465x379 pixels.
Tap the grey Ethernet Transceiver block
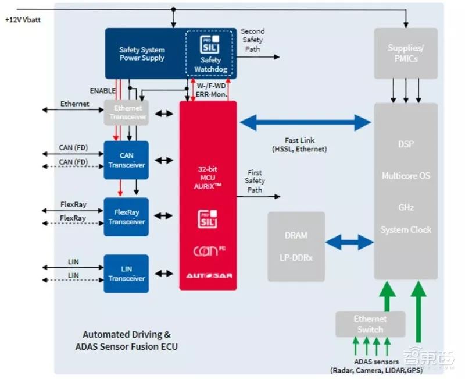point(126,113)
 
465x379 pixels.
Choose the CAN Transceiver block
point(126,161)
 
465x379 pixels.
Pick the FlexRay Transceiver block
point(126,217)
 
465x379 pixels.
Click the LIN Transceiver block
point(126,274)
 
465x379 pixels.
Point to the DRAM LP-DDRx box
point(296,246)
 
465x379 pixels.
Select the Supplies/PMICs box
point(406,53)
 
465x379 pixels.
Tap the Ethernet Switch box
point(370,324)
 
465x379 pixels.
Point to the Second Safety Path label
point(252,40)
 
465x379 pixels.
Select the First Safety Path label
point(254,181)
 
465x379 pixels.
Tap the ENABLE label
point(102,91)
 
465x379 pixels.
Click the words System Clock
point(406,230)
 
